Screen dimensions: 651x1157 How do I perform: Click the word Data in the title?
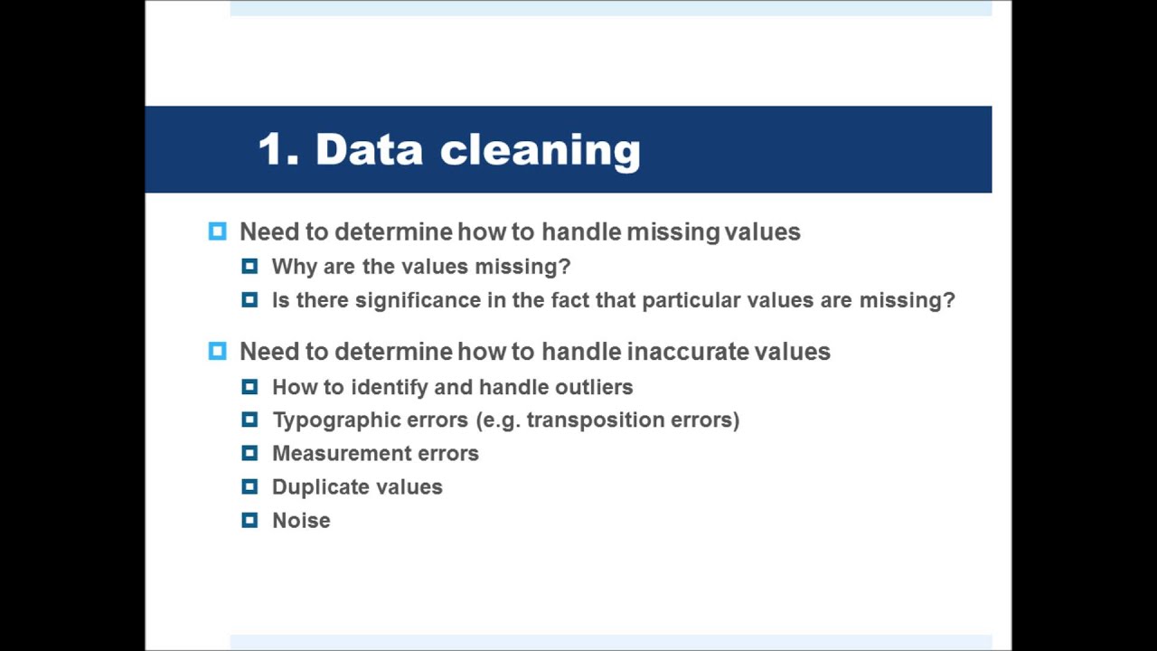click(369, 149)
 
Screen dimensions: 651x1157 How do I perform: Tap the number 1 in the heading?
click(274, 149)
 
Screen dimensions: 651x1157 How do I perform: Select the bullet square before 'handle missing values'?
click(218, 231)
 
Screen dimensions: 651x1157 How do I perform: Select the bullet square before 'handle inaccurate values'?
click(218, 351)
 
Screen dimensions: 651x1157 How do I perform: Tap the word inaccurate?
click(687, 352)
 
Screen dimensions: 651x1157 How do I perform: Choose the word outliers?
click(593, 387)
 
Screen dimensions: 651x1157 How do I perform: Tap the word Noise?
click(301, 521)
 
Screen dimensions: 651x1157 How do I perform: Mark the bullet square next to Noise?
click(249, 521)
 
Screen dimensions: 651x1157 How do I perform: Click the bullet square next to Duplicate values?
click(249, 487)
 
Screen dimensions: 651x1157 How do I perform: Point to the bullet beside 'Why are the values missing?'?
click(249, 267)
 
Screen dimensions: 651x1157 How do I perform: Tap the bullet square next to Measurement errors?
click(249, 454)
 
